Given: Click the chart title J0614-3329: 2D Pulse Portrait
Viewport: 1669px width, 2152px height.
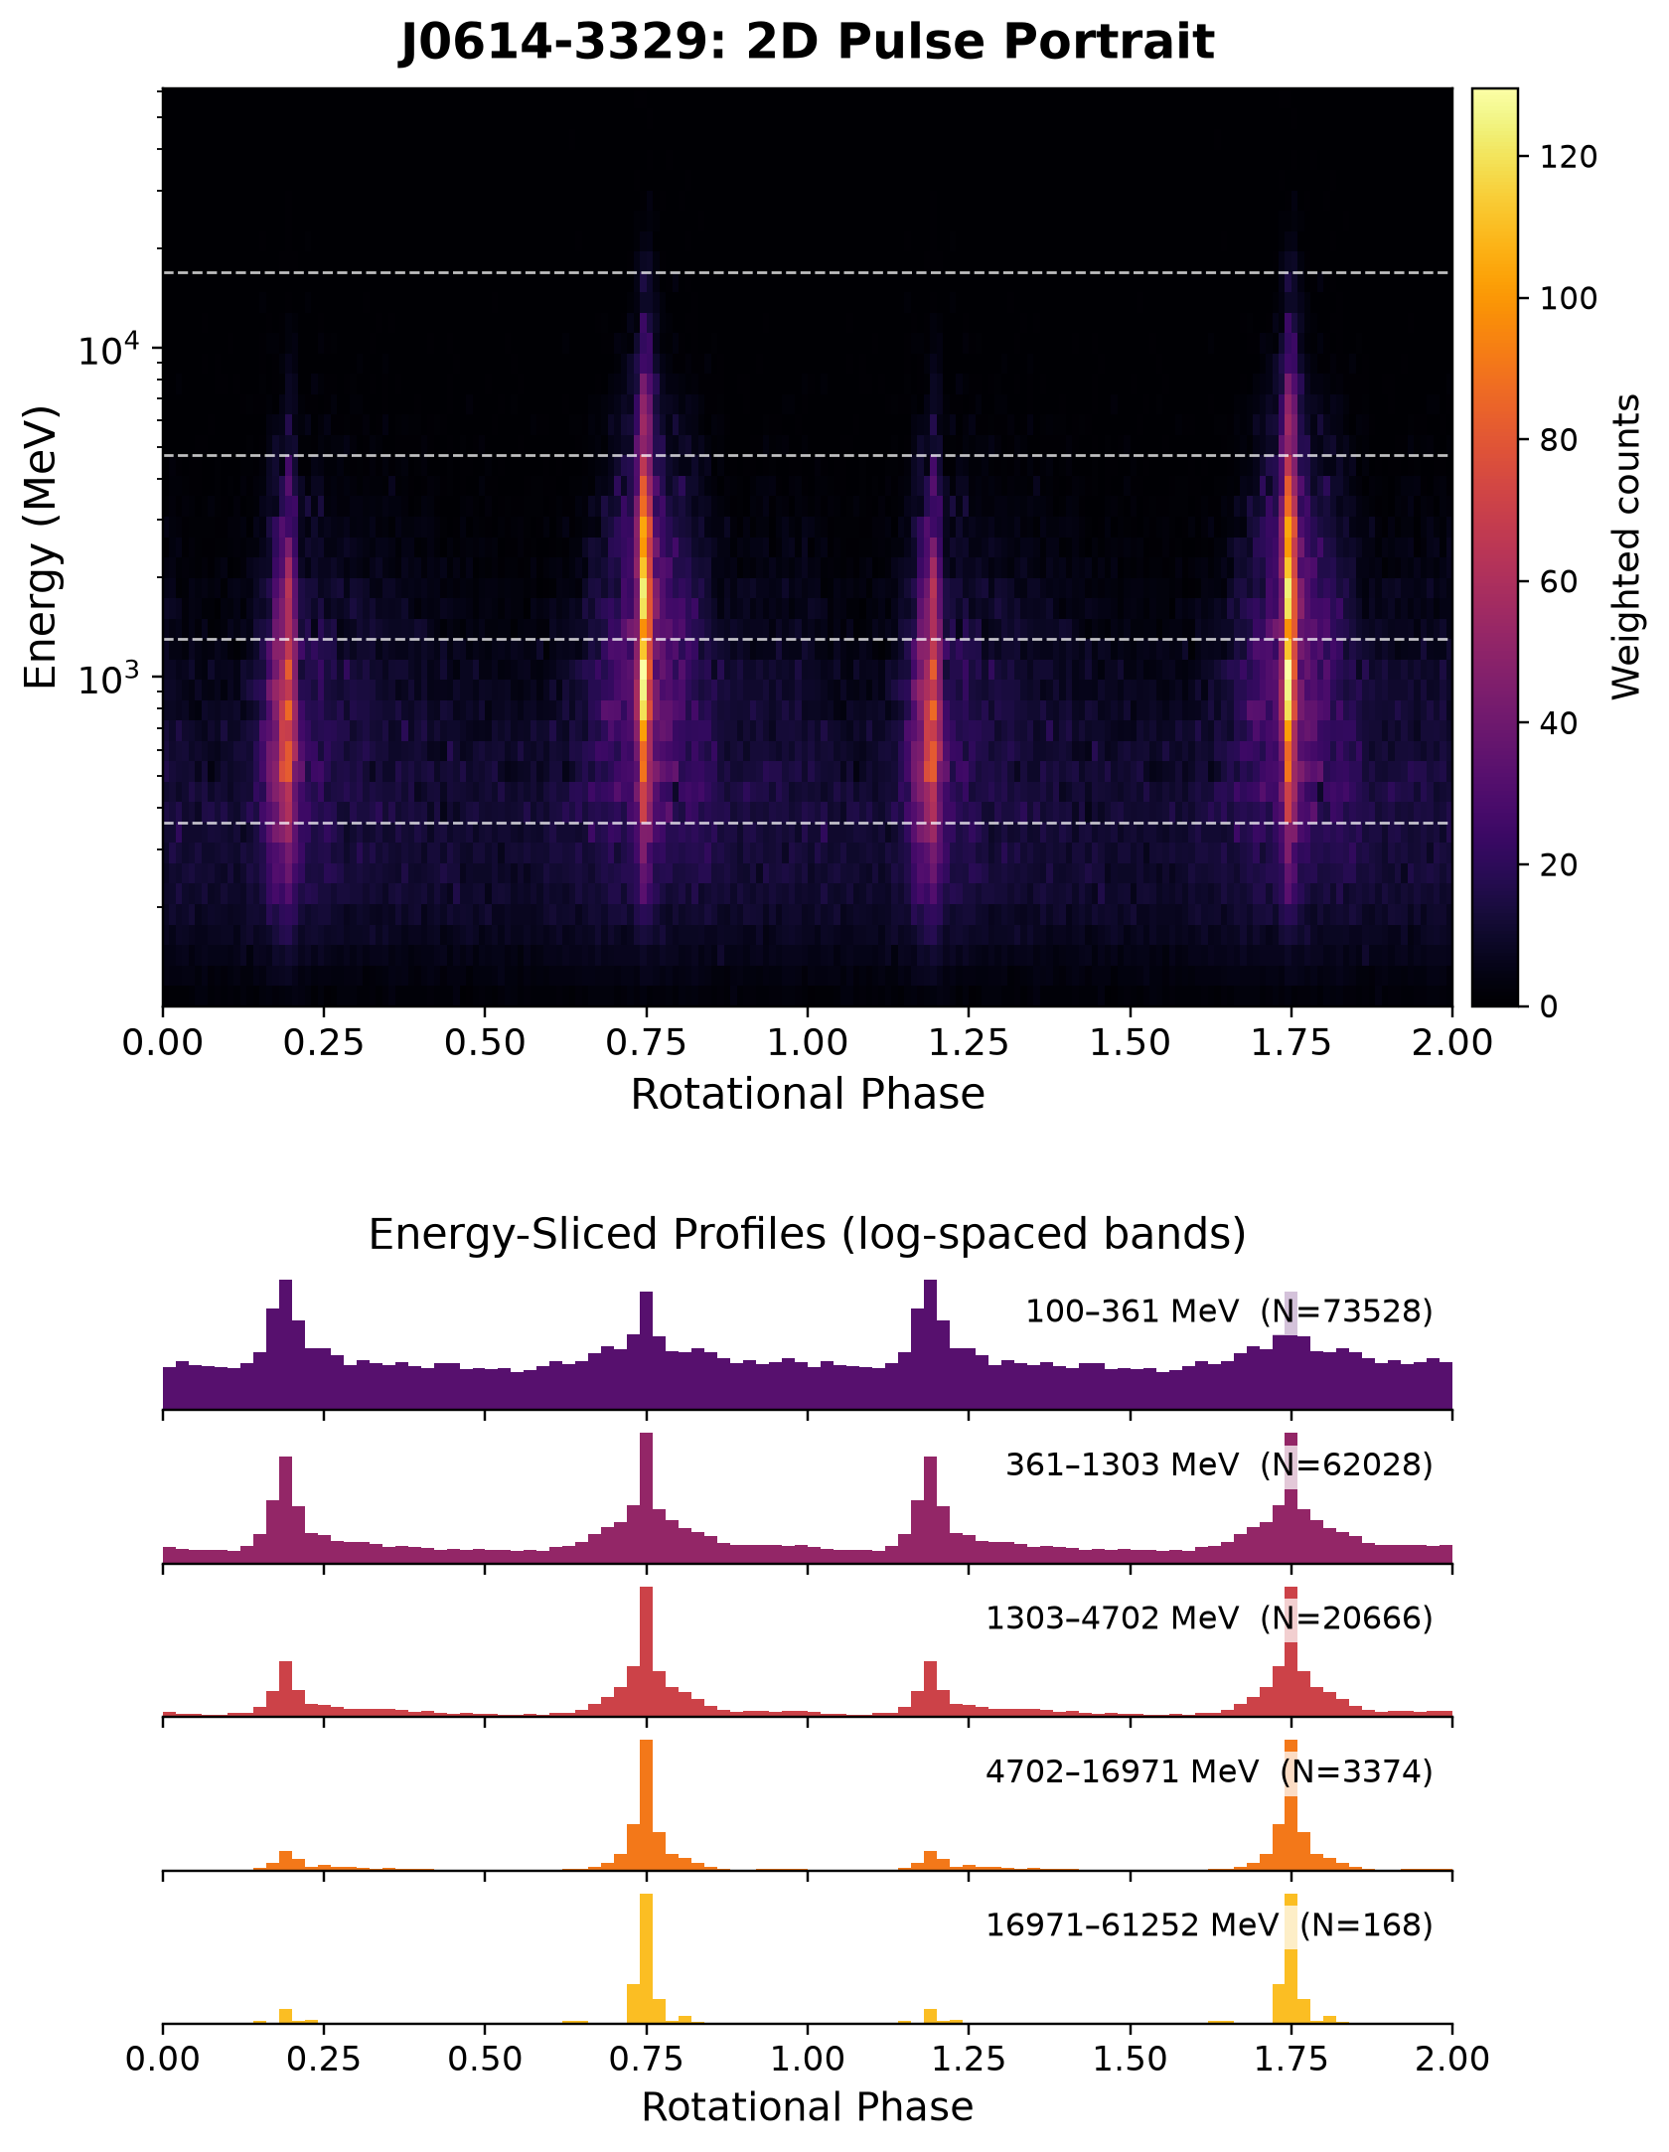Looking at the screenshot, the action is [x=807, y=42].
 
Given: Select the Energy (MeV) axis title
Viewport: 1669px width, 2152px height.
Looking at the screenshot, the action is [x=42, y=546].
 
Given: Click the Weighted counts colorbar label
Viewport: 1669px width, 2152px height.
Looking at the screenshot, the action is [x=1626, y=546].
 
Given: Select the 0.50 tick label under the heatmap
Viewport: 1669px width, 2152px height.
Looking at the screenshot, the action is [x=484, y=1043].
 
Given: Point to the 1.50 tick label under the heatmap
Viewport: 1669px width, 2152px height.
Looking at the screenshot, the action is [x=1130, y=1043].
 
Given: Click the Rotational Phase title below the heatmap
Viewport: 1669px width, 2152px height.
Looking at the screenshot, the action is [x=808, y=1094].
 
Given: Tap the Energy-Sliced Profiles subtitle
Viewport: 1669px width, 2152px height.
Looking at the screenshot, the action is [x=807, y=1234].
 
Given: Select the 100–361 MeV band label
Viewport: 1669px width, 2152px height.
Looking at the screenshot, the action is [x=1133, y=1311].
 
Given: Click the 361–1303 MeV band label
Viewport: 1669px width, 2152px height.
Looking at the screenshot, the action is [x=1123, y=1464].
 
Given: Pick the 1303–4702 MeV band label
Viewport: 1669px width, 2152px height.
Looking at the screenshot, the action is [x=1113, y=1618].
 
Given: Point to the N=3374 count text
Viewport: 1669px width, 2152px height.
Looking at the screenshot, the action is [x=1357, y=1771].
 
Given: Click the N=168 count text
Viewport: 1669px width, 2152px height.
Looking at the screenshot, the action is [x=1367, y=1925].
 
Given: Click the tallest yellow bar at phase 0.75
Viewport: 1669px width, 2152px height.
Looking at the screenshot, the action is [x=647, y=1957].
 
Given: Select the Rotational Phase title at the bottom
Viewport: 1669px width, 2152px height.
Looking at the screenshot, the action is [x=808, y=2107].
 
